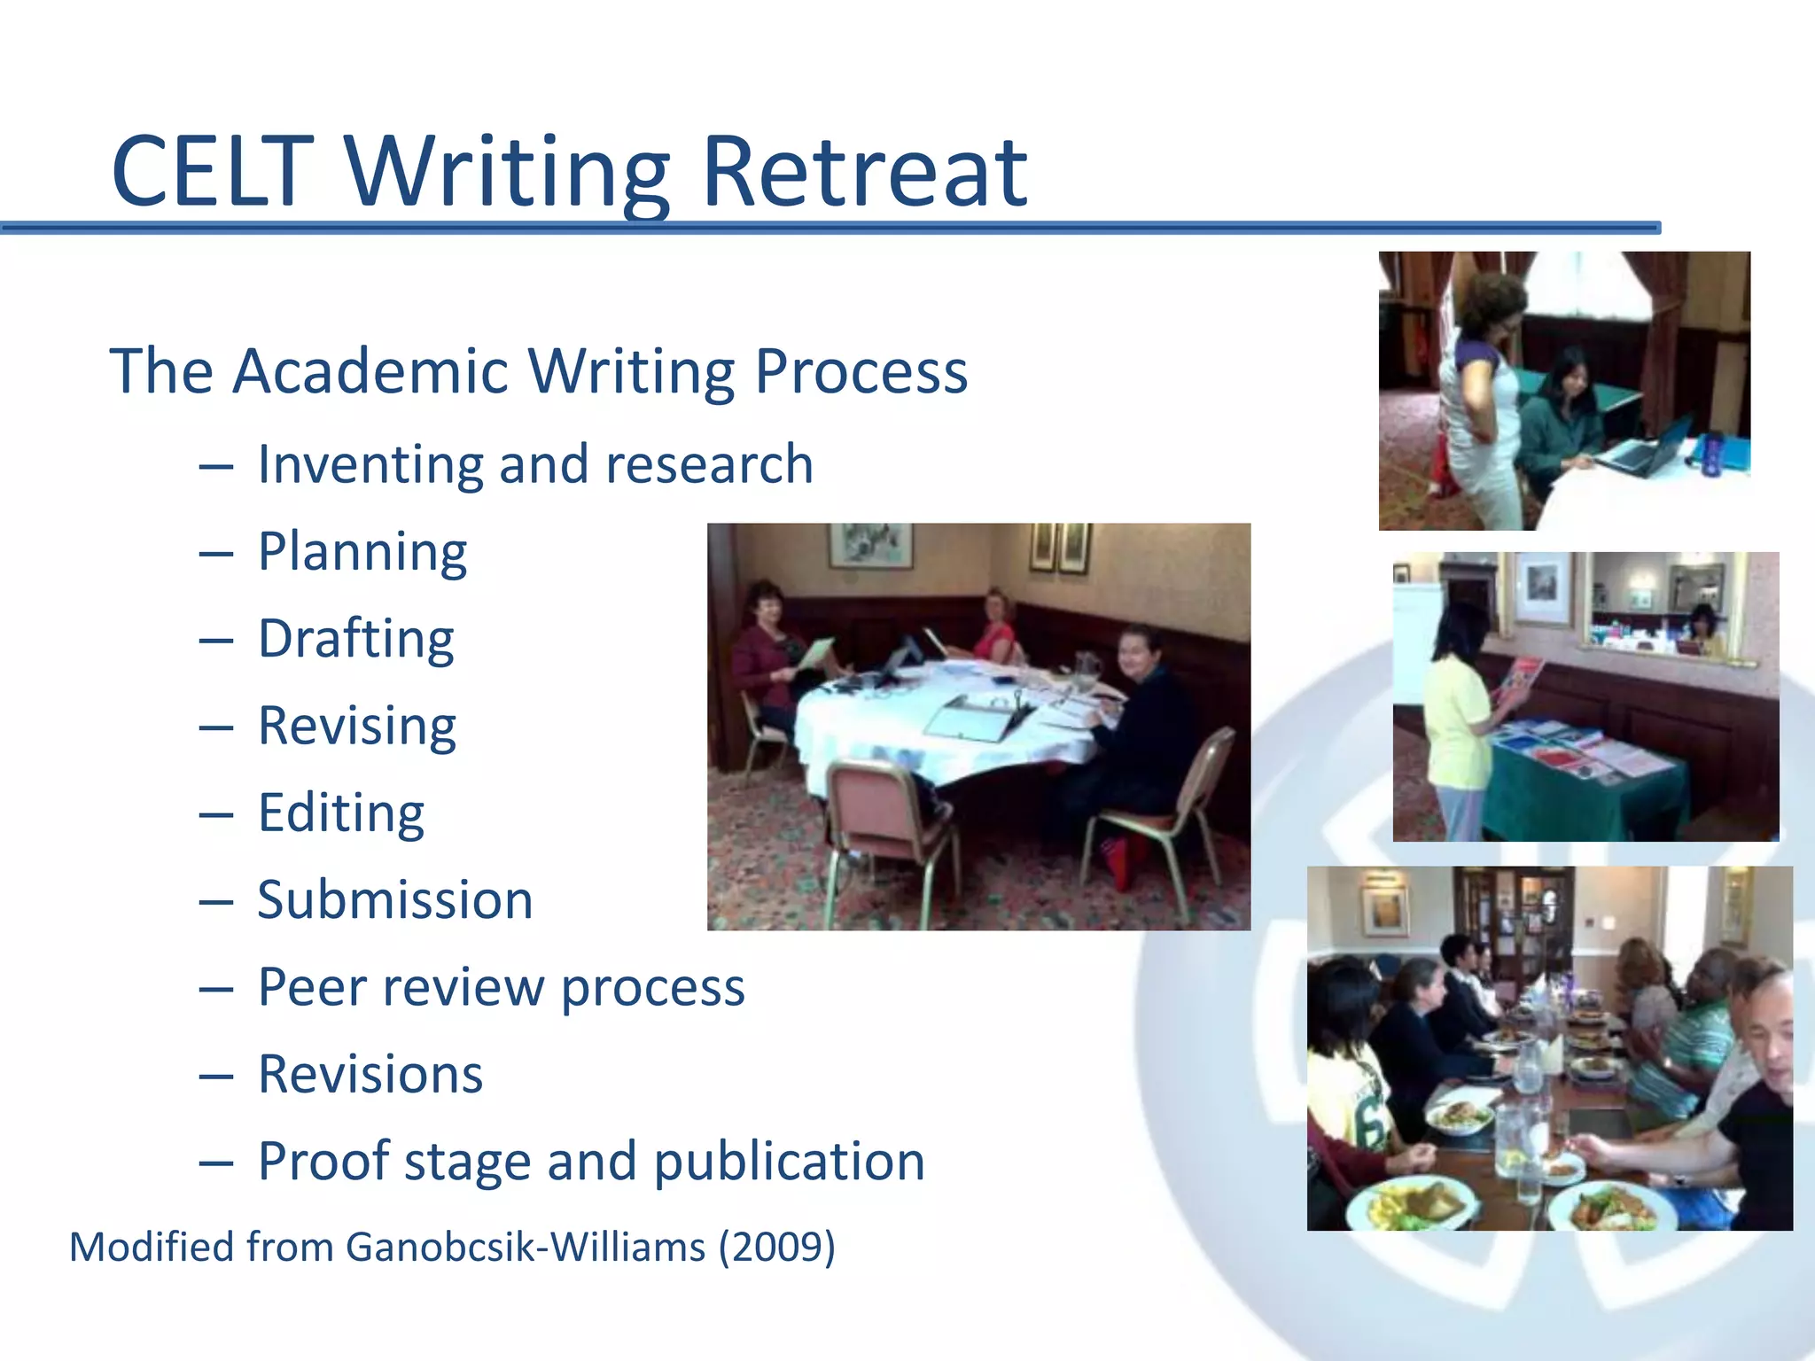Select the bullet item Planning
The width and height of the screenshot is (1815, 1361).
coord(362,552)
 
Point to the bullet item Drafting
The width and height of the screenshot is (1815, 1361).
coord(356,639)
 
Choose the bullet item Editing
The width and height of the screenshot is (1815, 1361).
coord(341,813)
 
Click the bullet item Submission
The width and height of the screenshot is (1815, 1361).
coord(395,900)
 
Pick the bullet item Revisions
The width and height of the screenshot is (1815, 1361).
coord(370,1075)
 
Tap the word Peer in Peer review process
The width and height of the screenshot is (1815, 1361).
coord(312,987)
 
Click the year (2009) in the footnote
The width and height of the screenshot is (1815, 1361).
coord(776,1248)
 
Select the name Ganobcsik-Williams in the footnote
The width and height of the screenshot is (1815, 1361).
coord(526,1248)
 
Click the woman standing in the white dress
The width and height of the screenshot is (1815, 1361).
coord(1480,416)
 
